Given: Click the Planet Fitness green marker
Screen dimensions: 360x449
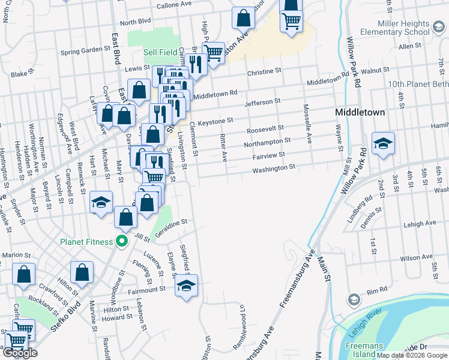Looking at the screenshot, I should [x=122, y=242].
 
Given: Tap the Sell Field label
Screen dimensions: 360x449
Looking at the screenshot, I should [x=160, y=52].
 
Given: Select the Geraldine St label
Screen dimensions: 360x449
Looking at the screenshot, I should [x=171, y=224].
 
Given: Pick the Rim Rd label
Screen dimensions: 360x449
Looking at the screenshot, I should [x=377, y=290].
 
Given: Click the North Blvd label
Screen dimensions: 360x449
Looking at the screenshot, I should [x=135, y=22].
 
